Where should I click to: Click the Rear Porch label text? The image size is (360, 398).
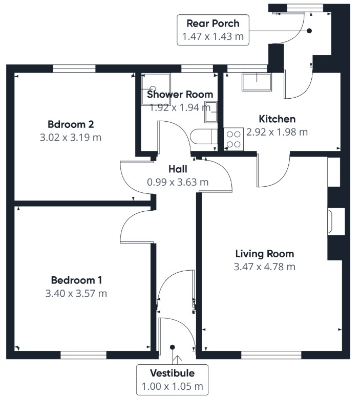click(213, 24)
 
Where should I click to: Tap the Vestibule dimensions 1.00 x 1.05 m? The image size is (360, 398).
click(172, 386)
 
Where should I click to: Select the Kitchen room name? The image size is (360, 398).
click(277, 119)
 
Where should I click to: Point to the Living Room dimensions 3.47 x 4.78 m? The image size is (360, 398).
click(264, 267)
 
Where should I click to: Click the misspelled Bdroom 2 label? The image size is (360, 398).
click(71, 124)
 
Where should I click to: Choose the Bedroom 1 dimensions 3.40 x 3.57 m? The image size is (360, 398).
click(76, 293)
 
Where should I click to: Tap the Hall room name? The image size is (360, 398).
click(178, 169)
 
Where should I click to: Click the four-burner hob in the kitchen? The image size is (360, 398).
click(234, 139)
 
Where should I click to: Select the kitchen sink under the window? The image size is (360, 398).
click(257, 82)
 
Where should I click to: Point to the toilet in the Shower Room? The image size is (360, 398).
click(203, 137)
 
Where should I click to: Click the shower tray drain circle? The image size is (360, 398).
click(153, 89)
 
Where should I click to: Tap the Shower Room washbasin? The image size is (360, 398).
click(211, 112)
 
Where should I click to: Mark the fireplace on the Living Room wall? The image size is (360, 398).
click(336, 222)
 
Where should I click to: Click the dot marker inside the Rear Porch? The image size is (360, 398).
click(309, 31)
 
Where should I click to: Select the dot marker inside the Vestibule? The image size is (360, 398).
click(172, 347)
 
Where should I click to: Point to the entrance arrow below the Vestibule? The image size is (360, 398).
click(177, 360)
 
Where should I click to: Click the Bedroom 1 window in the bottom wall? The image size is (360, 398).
click(83, 355)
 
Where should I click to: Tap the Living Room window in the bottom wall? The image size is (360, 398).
click(271, 355)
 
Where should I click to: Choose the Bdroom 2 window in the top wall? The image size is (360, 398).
click(74, 69)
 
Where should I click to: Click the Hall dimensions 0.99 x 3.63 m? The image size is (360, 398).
click(178, 182)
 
